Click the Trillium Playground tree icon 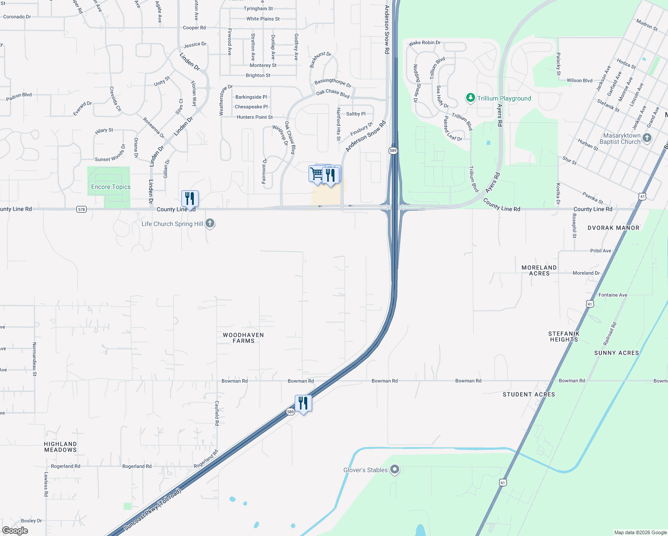(x=470, y=98)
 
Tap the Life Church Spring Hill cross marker (x=210, y=223)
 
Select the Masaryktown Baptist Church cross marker (x=647, y=138)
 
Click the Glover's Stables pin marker (x=394, y=469)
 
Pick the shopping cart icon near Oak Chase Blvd (x=317, y=173)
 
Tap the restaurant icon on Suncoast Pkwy (x=303, y=403)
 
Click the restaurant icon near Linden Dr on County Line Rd (x=190, y=199)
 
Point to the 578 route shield (x=81, y=209)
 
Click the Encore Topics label (x=111, y=187)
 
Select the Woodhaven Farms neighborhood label (x=243, y=338)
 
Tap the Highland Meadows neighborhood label (x=60, y=447)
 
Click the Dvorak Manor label (x=613, y=228)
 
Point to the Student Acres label (x=529, y=394)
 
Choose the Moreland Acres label (x=539, y=270)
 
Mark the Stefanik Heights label (x=564, y=336)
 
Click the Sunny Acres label (x=616, y=353)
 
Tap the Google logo (x=15, y=531)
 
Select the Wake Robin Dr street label (x=425, y=43)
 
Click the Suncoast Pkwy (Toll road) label (x=153, y=510)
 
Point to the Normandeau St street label (x=34, y=359)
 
